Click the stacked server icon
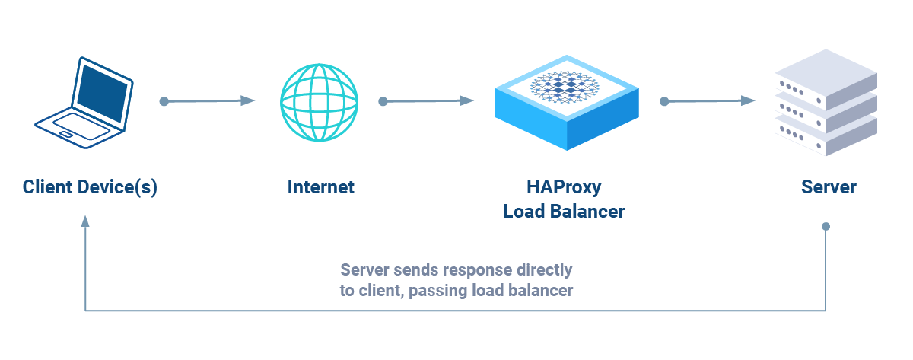click(x=826, y=103)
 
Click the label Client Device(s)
click(x=90, y=187)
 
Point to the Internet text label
click(x=320, y=187)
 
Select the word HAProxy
click(x=564, y=187)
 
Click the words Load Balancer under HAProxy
click(x=564, y=212)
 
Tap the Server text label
click(x=829, y=187)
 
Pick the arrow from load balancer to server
click(x=708, y=100)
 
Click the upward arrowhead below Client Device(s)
click(x=85, y=221)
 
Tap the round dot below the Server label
click(x=826, y=227)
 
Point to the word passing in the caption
click(x=438, y=291)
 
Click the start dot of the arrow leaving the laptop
click(x=164, y=100)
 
